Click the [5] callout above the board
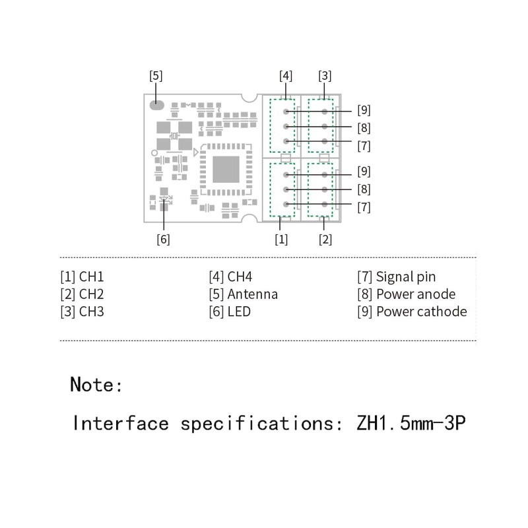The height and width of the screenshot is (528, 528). pos(156,75)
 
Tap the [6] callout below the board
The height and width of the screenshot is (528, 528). pos(163,239)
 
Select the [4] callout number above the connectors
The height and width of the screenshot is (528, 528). pos(286,75)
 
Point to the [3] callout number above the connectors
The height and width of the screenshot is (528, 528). pos(325,75)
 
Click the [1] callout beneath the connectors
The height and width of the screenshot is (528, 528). pos(282,239)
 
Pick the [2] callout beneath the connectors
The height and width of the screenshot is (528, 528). pos(325,239)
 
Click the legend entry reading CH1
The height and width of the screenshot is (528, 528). pos(82,277)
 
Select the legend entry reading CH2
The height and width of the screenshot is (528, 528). pos(82,294)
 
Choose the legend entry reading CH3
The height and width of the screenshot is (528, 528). pos(82,312)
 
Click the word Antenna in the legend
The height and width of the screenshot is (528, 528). pos(252,294)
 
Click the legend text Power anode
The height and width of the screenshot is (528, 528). pos(415,294)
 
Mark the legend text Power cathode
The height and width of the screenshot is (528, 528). pos(421,312)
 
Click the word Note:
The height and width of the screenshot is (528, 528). pos(96,384)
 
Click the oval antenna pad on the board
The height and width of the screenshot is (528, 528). pos(157,104)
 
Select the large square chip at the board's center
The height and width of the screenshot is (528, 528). pos(226,169)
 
